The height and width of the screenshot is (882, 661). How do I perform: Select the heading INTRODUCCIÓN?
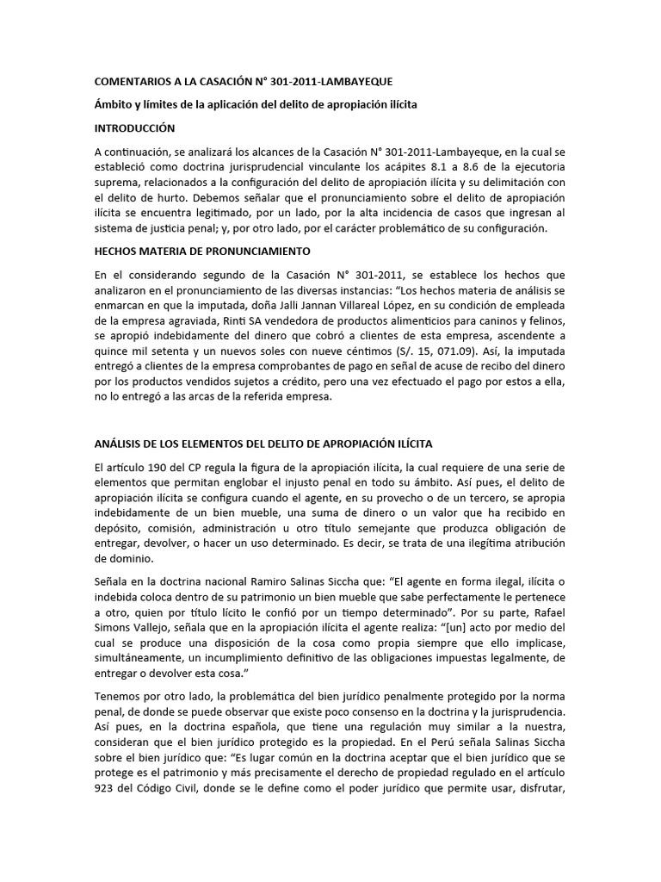(x=134, y=128)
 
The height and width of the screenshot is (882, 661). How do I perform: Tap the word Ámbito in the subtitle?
(x=114, y=105)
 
